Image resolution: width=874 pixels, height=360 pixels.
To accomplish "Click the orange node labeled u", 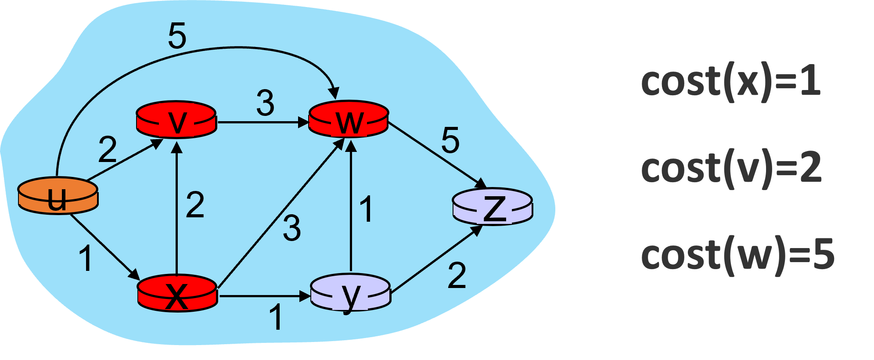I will [x=58, y=196].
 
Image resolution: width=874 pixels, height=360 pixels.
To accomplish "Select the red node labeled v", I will [x=176, y=120].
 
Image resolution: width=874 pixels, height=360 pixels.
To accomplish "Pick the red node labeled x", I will [x=177, y=293].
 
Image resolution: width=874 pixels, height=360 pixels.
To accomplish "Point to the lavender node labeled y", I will [x=350, y=292].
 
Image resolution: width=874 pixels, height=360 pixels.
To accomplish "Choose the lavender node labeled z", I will [x=493, y=207].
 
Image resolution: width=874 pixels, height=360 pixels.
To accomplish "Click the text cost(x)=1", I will [x=730, y=82].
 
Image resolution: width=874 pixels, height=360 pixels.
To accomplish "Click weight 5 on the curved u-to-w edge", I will [x=177, y=36].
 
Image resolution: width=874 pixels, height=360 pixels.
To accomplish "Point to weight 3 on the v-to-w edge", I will [x=265, y=104].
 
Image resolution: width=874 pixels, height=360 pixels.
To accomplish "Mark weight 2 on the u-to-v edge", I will [x=108, y=150].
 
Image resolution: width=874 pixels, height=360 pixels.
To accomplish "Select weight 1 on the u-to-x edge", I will [x=86, y=259].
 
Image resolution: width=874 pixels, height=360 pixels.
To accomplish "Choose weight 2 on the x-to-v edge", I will [x=195, y=205].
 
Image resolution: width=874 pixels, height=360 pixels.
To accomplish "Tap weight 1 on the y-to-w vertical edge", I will [x=366, y=209].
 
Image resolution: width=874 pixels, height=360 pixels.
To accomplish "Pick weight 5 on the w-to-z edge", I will [x=450, y=140].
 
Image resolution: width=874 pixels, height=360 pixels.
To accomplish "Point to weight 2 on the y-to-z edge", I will [x=457, y=276].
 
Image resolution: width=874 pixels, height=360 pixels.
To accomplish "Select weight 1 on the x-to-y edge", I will [x=276, y=317].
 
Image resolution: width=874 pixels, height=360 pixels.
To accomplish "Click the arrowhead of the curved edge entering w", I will [x=334, y=94].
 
